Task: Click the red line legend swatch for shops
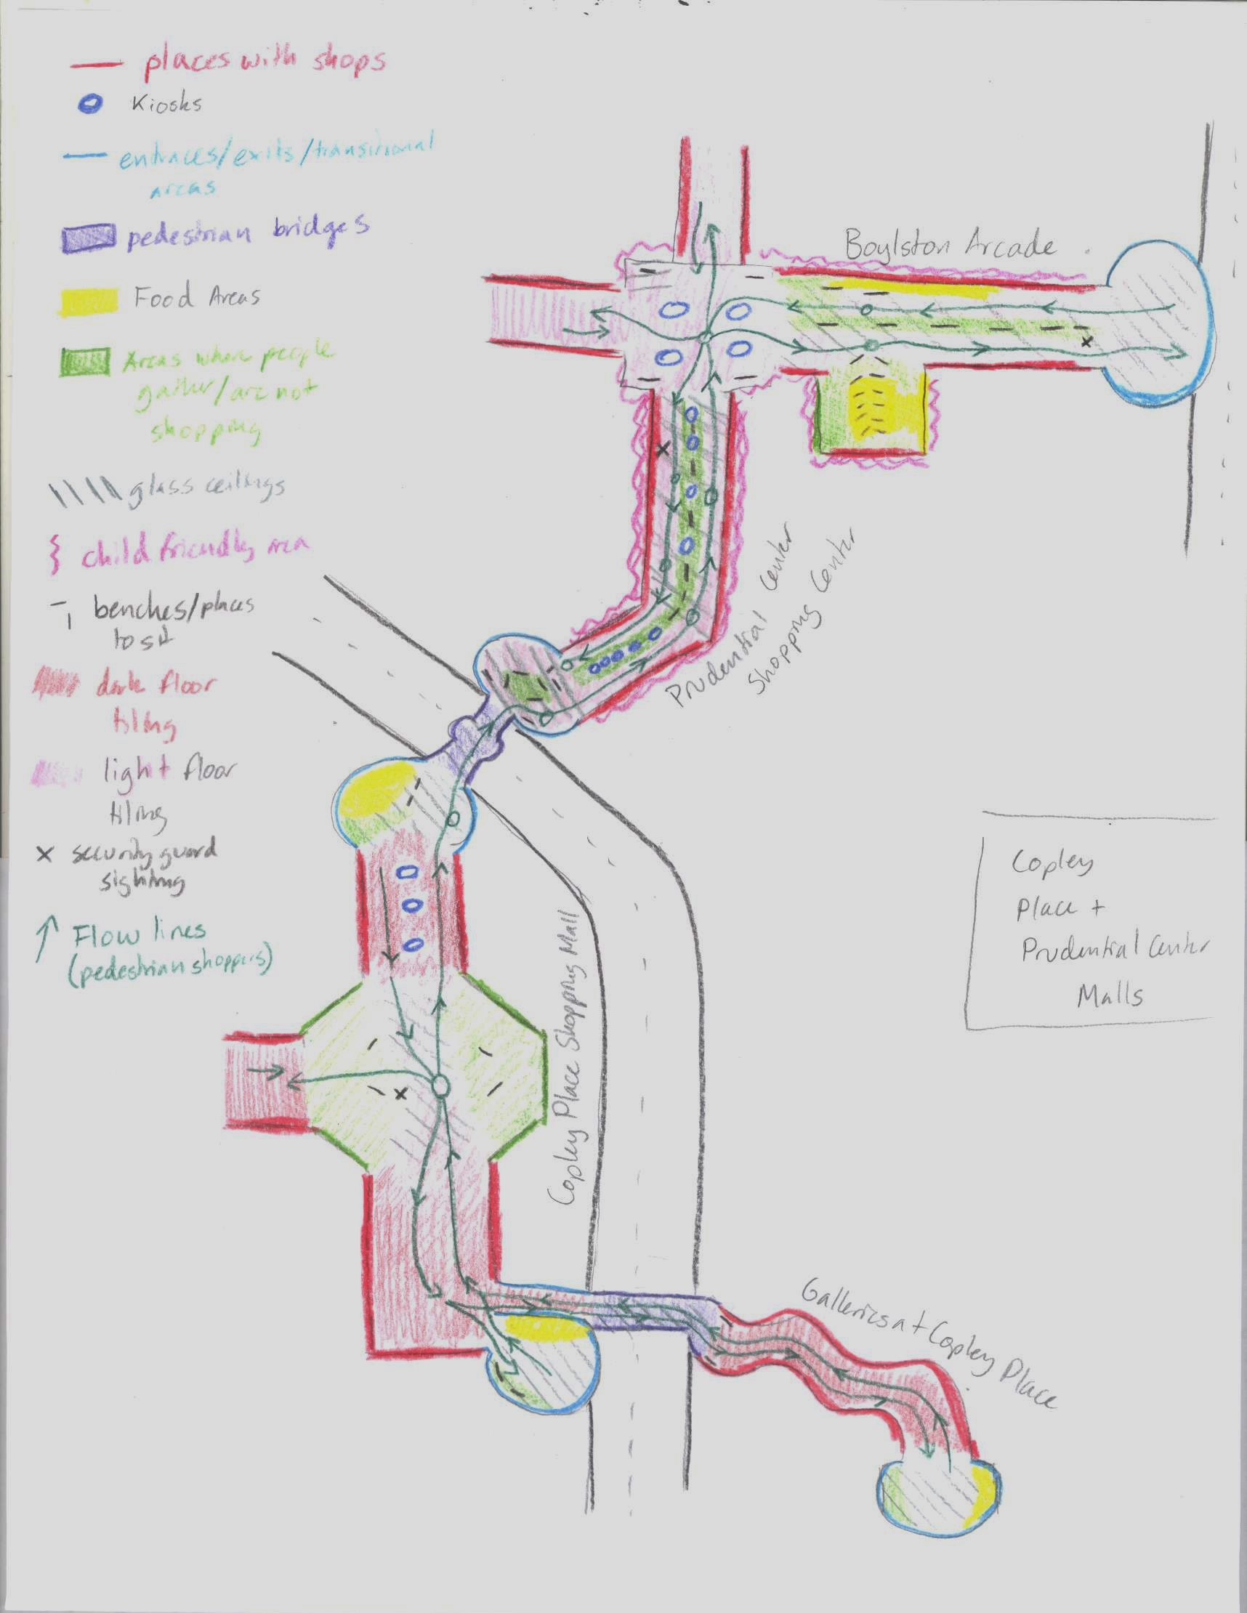pyautogui.click(x=95, y=64)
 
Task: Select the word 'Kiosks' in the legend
pyautogui.click(x=166, y=104)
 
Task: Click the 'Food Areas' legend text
pyautogui.click(x=195, y=298)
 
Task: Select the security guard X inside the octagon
pyautogui.click(x=401, y=1093)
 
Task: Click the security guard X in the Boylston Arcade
pyautogui.click(x=1086, y=342)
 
